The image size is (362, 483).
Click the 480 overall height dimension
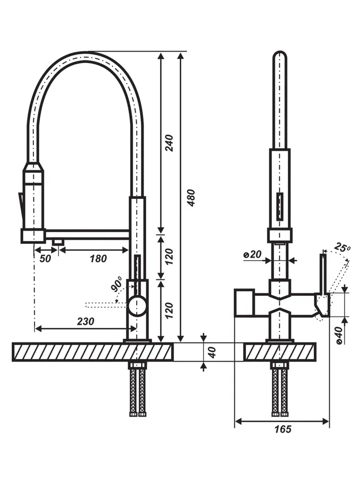pos(191,198)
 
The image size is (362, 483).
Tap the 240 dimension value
pos(169,143)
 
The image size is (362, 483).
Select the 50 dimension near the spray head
pos(45,258)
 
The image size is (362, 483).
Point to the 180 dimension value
pos(98,258)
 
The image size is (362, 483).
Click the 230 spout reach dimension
pos(85,321)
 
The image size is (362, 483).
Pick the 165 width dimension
pos(282,429)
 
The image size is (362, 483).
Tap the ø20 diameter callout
pos(252,254)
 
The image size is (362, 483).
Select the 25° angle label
pos(342,248)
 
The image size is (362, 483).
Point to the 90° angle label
pos(117,284)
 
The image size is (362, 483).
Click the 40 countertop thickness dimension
pos(213,352)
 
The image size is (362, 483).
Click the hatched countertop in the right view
pos(280,352)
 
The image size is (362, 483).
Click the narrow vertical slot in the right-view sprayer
pos(279,206)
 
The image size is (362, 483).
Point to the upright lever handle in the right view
pos(323,274)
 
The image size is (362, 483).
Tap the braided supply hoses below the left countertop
pos(137,389)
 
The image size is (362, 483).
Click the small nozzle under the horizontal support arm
pos(58,242)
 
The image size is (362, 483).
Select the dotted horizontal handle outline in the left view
pos(106,305)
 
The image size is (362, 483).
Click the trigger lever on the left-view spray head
pos(21,206)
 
